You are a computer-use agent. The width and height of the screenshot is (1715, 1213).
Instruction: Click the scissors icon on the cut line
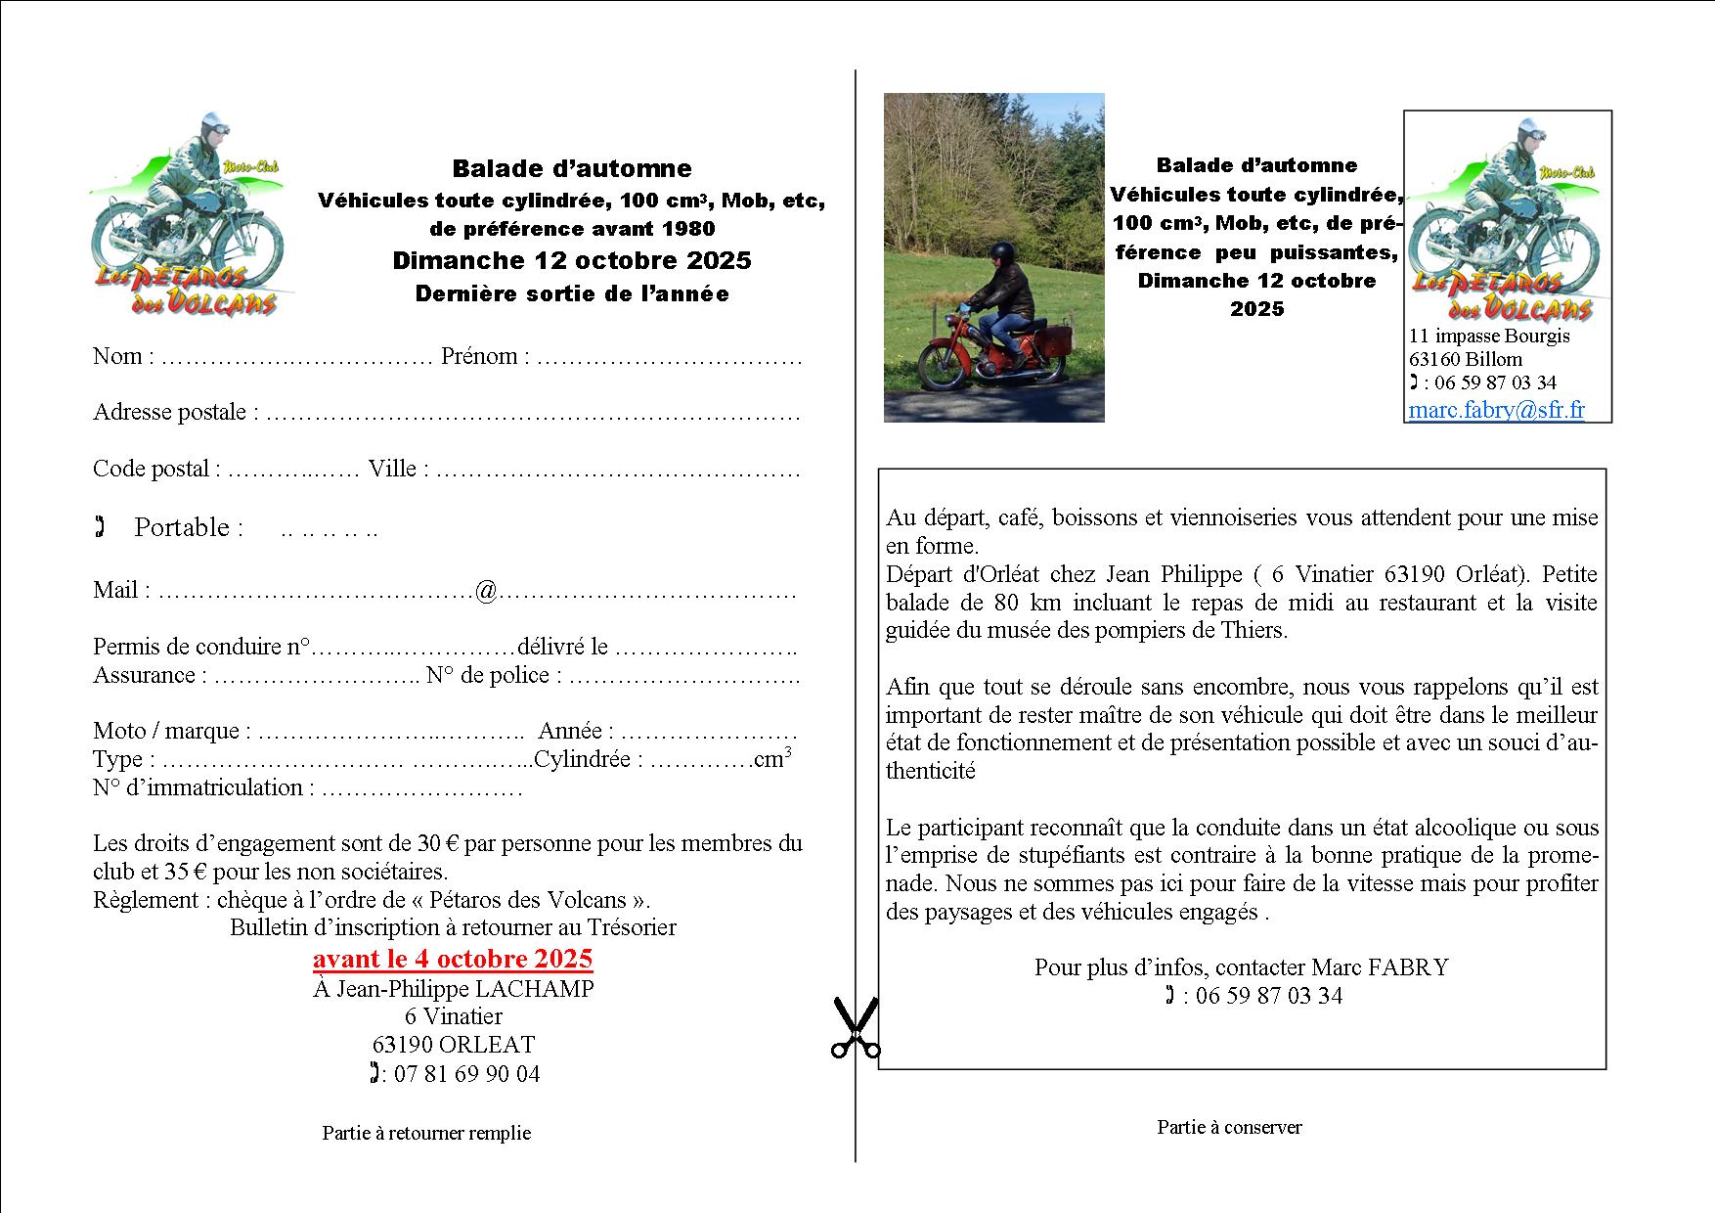(x=855, y=1028)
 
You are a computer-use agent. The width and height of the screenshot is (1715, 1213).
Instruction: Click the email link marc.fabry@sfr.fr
(x=1496, y=410)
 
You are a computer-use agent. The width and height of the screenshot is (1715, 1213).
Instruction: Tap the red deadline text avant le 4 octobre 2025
(x=453, y=958)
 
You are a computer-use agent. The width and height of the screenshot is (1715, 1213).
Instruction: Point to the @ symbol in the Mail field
(x=486, y=591)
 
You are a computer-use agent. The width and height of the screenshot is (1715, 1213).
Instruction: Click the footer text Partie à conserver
(x=1229, y=1127)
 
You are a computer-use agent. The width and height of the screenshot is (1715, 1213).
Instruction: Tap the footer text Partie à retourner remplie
(x=426, y=1133)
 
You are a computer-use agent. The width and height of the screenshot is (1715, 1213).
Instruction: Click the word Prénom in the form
(x=478, y=356)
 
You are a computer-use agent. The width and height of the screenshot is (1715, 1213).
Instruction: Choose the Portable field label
(x=188, y=527)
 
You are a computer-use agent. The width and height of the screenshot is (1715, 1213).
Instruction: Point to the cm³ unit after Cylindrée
(x=772, y=759)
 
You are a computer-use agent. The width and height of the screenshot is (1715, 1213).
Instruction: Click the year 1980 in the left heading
(x=688, y=229)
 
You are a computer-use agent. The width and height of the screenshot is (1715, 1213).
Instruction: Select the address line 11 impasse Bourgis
(x=1489, y=336)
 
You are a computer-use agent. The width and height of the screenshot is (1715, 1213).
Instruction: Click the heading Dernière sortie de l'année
(x=572, y=293)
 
